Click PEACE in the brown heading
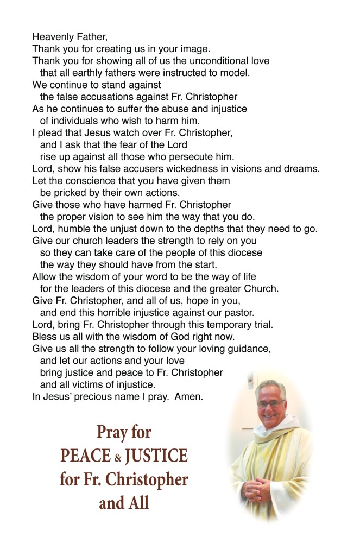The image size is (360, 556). point(85,456)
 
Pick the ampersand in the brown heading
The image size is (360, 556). point(117,457)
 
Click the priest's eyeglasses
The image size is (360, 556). point(269,403)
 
